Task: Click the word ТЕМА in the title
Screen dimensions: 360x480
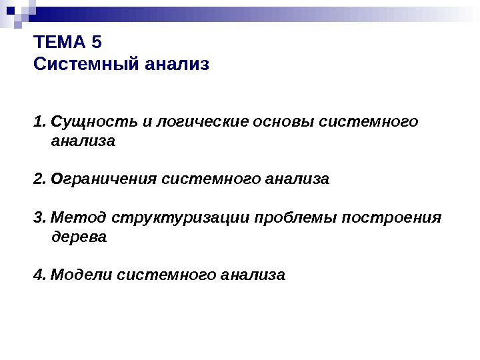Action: [x=59, y=44]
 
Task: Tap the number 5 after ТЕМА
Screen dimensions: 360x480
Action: [x=97, y=44]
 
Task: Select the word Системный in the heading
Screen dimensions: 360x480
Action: [x=85, y=65]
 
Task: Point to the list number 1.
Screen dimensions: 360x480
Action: [x=38, y=122]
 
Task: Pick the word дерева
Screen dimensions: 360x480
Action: [x=79, y=237]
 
